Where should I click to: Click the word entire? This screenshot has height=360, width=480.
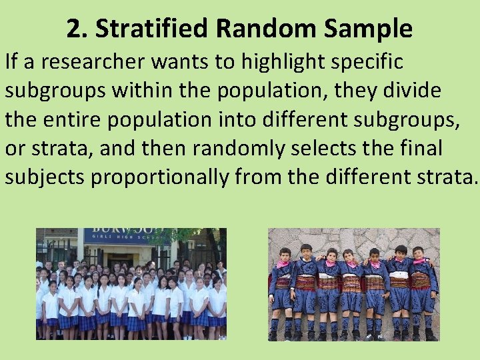pos(79,120)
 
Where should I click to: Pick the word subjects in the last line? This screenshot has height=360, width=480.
pos(45,177)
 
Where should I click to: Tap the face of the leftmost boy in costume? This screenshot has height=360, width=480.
pos(283,255)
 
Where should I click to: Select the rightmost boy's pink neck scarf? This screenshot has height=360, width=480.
pos(420,261)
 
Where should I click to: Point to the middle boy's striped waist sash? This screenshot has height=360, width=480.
pos(352,283)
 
